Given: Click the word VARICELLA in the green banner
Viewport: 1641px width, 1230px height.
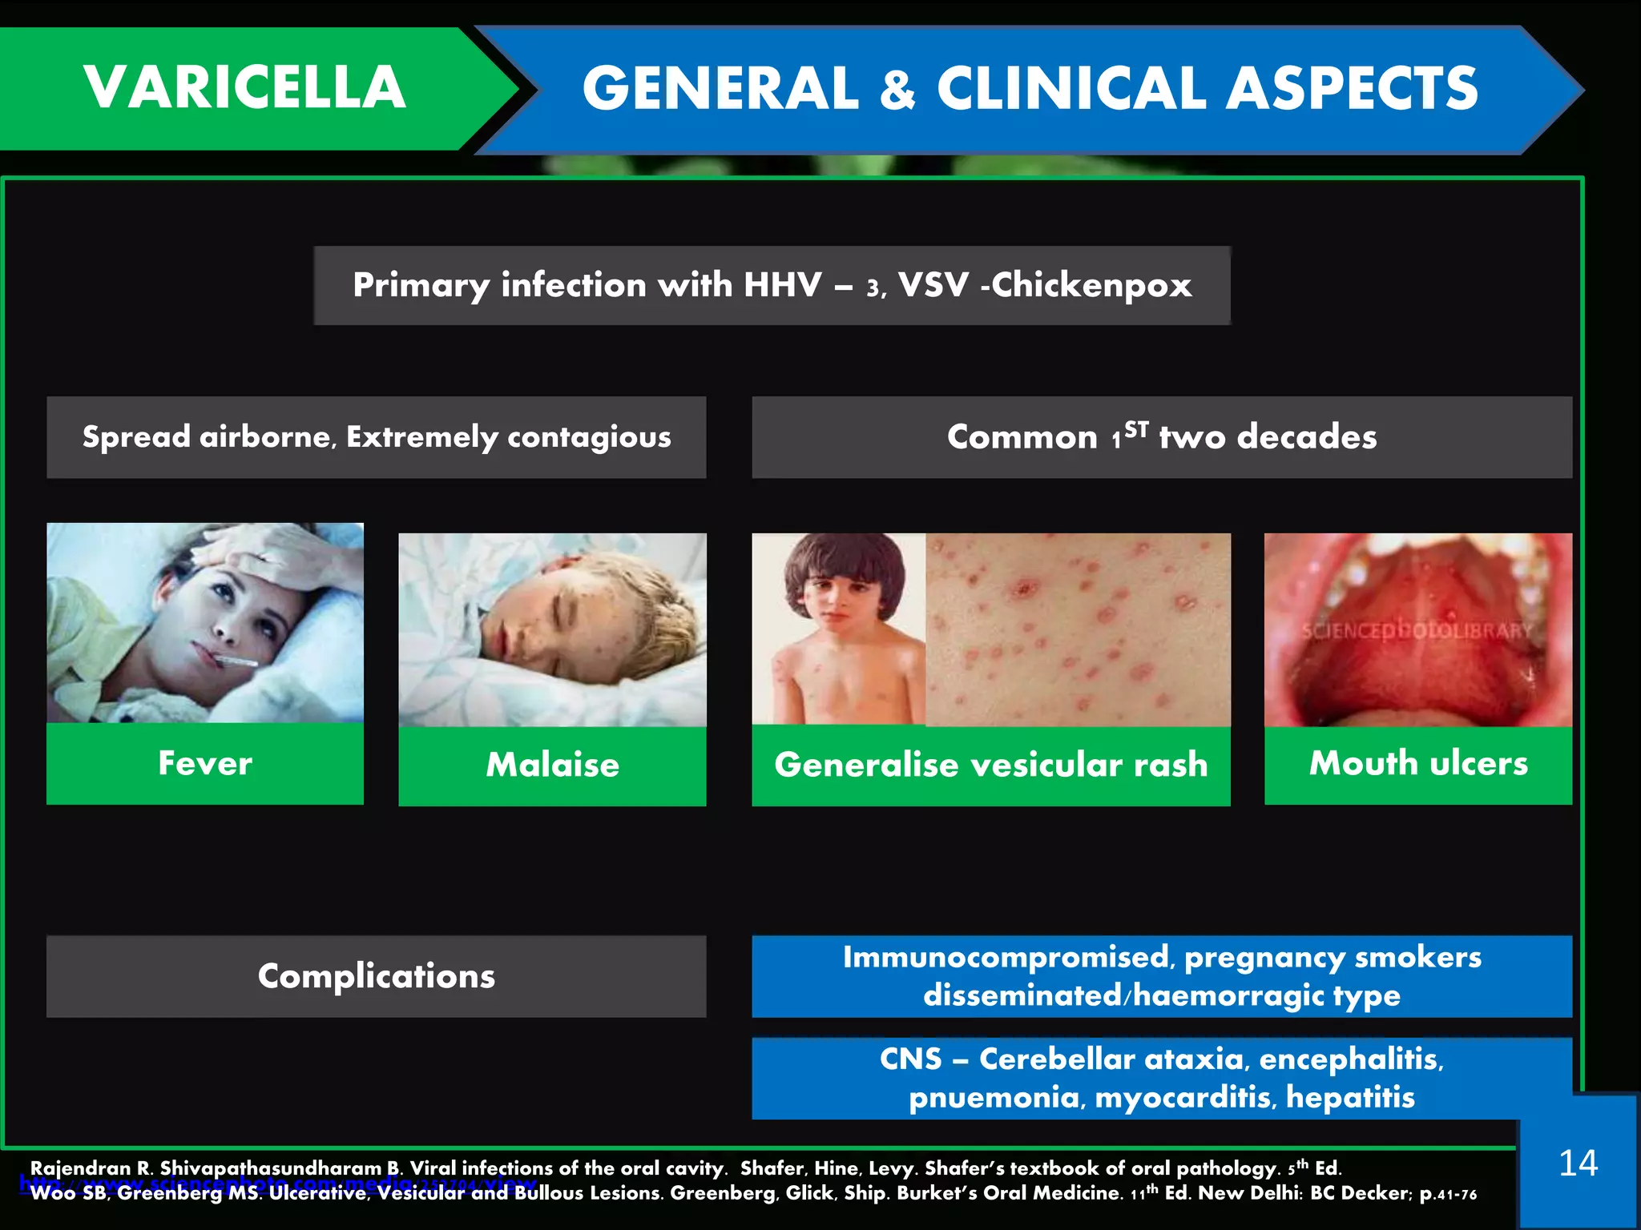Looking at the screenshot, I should (x=244, y=87).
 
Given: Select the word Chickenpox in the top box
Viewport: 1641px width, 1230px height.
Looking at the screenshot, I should (x=1091, y=285).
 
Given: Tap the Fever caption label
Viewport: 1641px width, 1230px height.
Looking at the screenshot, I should (x=205, y=763).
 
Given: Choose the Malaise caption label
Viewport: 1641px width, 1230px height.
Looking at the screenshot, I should (x=552, y=765).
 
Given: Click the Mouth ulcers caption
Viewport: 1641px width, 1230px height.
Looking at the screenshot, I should (x=1418, y=763).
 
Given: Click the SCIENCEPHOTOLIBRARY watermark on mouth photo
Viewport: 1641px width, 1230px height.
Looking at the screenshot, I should (x=1417, y=631).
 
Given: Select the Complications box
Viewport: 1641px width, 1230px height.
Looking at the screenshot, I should (x=376, y=976).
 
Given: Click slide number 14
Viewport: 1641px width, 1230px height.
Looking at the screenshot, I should (x=1578, y=1164).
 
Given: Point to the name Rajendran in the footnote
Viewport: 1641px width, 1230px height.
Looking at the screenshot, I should (x=80, y=1168).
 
